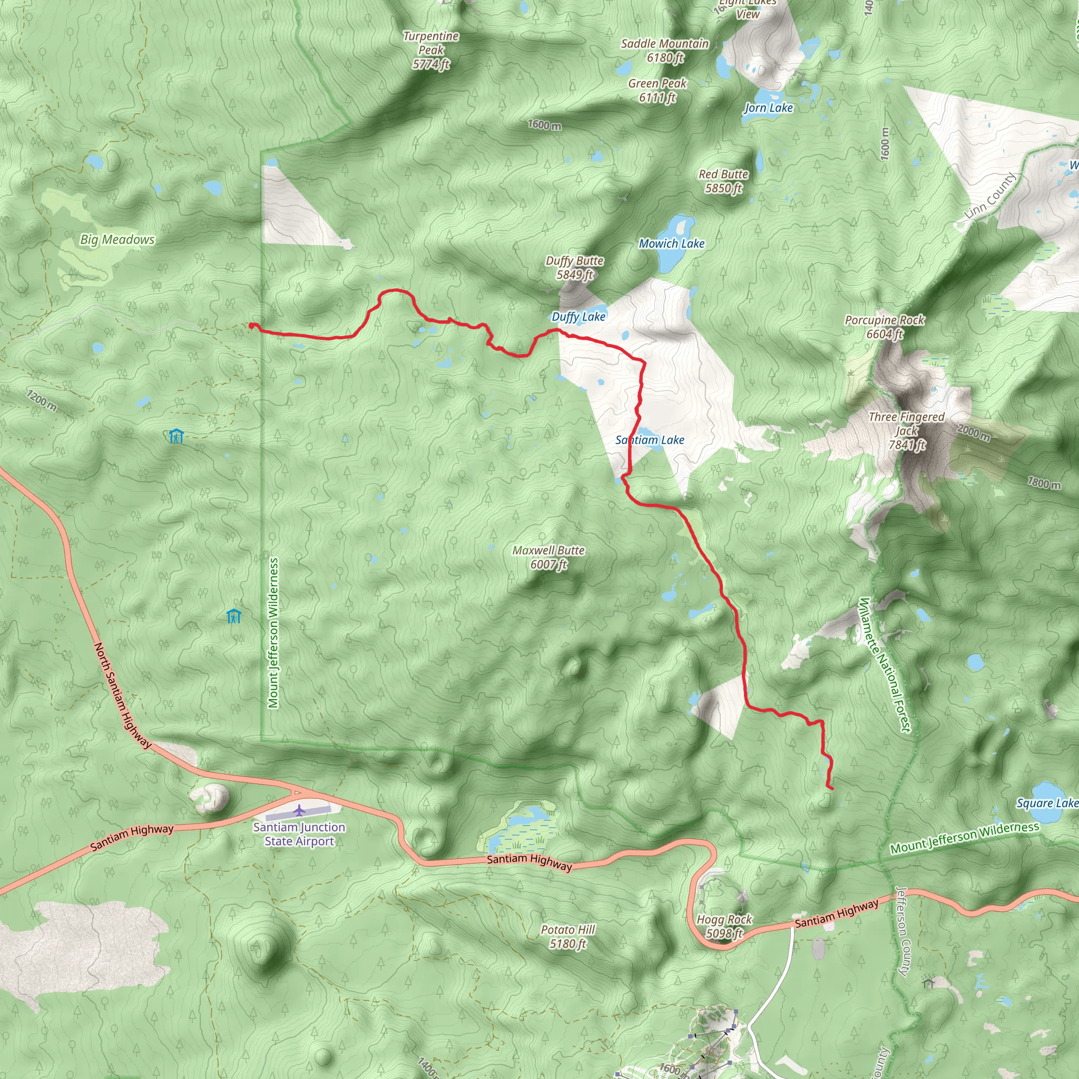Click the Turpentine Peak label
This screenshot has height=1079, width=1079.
point(430,50)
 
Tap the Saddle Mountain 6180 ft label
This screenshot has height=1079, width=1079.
point(664,50)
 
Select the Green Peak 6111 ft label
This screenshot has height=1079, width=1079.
point(658,91)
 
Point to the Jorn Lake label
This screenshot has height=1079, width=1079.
point(768,108)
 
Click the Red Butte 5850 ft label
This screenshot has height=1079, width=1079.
point(723,181)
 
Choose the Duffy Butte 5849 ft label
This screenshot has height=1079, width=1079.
point(574,268)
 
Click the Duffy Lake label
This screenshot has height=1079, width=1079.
point(578,317)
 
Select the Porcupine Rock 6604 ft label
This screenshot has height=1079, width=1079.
point(884,327)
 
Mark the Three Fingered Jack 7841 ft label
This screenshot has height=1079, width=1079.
point(906,430)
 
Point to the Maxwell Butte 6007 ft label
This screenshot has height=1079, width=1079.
point(548,557)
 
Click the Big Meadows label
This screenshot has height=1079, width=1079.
point(117,240)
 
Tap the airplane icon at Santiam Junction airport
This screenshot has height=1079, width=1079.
point(300,809)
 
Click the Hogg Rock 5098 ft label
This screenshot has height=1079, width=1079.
point(724,926)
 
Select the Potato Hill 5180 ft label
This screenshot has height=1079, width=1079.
point(567,937)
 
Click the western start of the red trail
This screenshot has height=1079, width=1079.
point(251,326)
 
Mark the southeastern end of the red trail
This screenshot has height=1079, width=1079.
point(833,789)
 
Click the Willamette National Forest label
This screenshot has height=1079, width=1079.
point(885,664)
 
